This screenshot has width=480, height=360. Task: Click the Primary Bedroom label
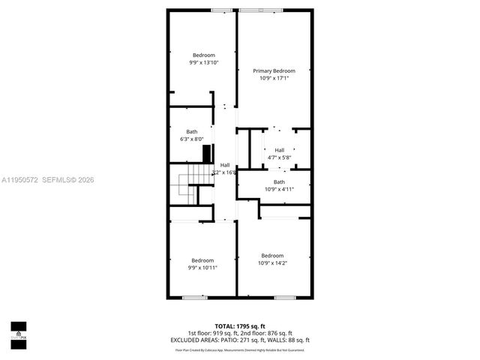[x=274, y=70]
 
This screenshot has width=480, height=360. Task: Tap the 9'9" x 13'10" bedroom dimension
[x=203, y=62]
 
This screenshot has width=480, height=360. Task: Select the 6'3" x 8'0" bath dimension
[x=192, y=139]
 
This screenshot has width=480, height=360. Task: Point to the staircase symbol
[x=188, y=184]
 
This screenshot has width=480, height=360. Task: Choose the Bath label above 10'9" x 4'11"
[x=279, y=182]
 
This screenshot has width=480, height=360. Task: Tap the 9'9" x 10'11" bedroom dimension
[x=203, y=268]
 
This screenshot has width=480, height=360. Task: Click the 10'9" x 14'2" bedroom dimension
[x=272, y=262]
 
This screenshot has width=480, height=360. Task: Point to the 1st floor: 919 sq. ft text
[x=213, y=333]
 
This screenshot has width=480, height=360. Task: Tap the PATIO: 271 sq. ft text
[x=252, y=340]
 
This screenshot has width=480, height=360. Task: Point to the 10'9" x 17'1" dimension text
[x=274, y=77]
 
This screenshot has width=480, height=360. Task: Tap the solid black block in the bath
[x=207, y=154]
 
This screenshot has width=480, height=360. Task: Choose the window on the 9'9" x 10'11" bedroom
[x=194, y=298]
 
